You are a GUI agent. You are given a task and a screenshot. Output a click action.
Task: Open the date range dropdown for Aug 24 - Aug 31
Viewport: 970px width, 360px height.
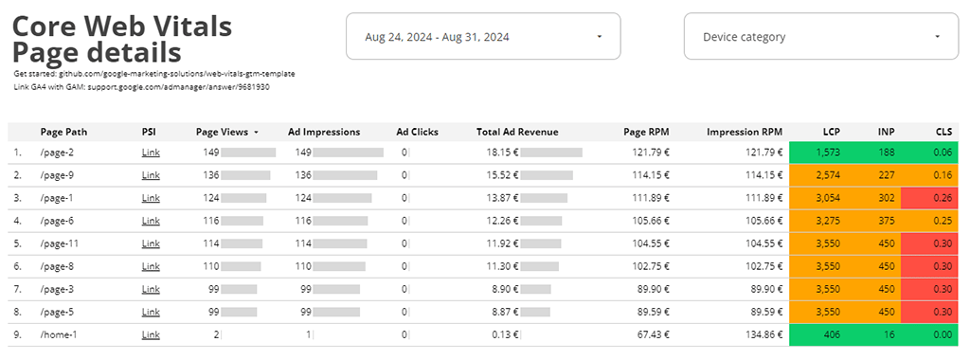pyautogui.click(x=483, y=37)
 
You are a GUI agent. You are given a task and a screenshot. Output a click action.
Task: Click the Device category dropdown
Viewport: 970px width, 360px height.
pyautogui.click(x=820, y=37)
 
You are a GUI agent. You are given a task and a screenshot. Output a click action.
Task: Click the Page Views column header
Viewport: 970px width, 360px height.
pyautogui.click(x=224, y=133)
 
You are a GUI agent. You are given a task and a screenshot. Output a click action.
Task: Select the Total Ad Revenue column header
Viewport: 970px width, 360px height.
pyautogui.click(x=517, y=133)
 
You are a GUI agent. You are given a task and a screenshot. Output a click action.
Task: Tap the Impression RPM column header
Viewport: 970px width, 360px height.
pyautogui.click(x=745, y=133)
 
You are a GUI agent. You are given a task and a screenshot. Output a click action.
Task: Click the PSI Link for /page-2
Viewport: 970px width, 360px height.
pyautogui.click(x=150, y=152)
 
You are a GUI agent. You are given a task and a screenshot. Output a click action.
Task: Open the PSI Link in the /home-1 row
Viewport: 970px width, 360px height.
pyautogui.click(x=150, y=334)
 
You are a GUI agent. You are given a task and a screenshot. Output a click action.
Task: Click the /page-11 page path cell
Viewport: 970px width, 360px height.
pyautogui.click(x=59, y=243)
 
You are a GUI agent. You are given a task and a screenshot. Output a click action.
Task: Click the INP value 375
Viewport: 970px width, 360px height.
pyautogui.click(x=886, y=221)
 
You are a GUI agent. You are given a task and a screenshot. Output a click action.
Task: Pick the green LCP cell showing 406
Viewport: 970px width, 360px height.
pyautogui.click(x=832, y=334)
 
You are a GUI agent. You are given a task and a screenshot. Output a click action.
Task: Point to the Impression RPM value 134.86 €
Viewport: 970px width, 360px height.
pyautogui.click(x=762, y=334)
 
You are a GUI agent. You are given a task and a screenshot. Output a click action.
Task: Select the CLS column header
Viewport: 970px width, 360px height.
pyautogui.click(x=943, y=133)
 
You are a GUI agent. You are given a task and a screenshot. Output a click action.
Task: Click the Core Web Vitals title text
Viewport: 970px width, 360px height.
pyautogui.click(x=122, y=26)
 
